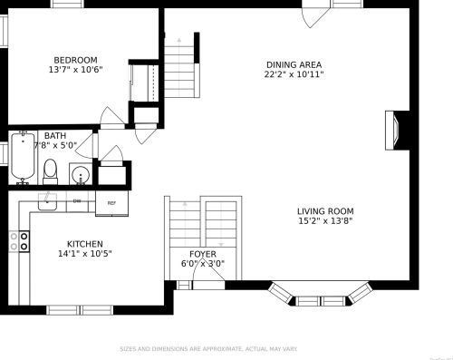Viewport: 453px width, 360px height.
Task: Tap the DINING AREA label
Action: point(294,64)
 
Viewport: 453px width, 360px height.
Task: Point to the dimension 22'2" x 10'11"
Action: point(294,74)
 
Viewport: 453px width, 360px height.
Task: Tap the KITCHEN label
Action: point(85,244)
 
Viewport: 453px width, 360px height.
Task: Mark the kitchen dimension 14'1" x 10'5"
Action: point(85,254)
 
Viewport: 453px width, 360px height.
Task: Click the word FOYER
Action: point(202,254)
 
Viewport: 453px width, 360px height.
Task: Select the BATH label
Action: point(54,136)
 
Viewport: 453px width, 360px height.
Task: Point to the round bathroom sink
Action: point(81,174)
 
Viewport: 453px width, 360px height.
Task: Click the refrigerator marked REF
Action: point(111,202)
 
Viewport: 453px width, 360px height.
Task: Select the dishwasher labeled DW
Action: point(77,200)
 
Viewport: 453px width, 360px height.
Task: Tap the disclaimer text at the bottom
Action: point(208,349)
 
